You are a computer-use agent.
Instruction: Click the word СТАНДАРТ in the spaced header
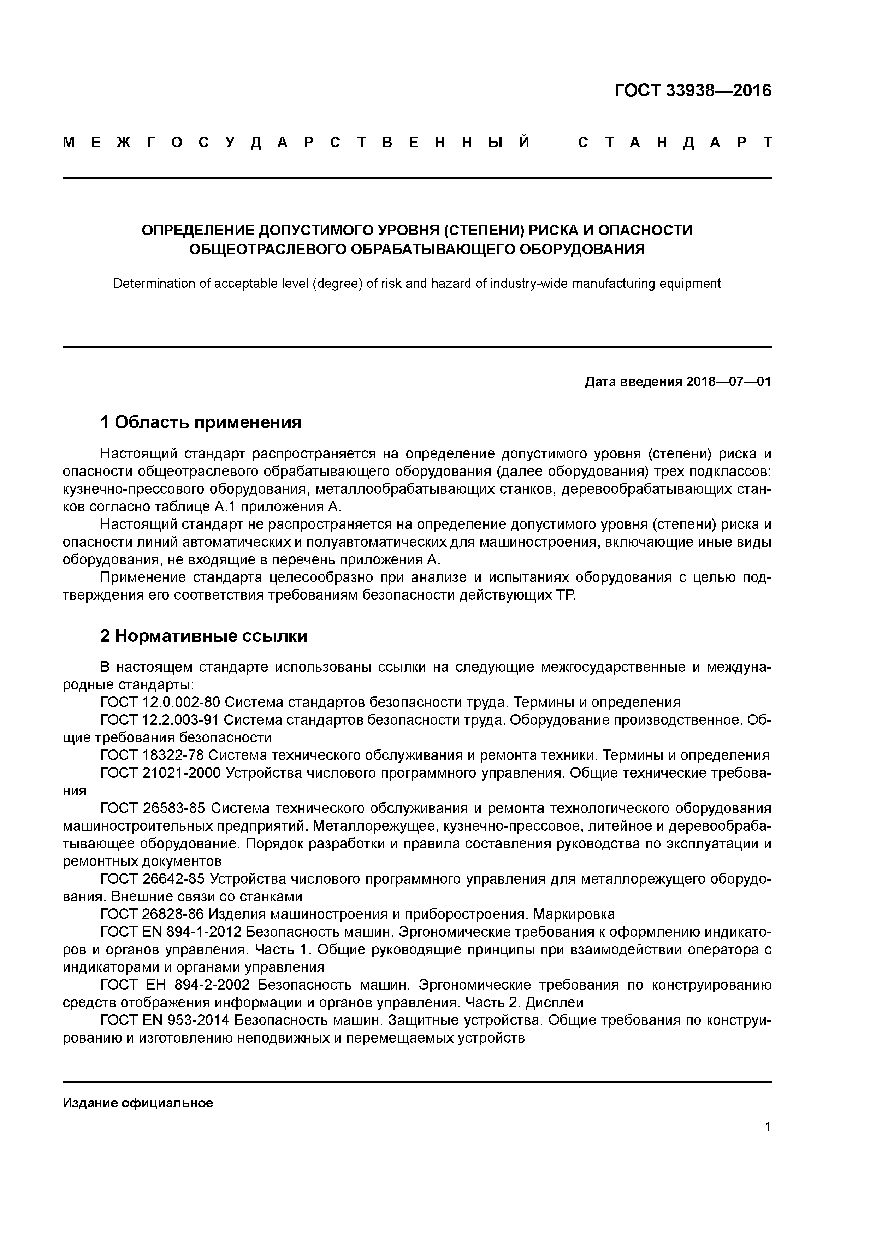click(x=675, y=143)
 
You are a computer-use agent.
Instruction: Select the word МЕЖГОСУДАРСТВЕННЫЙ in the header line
click(x=296, y=143)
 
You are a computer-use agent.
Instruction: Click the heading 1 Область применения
click(x=201, y=422)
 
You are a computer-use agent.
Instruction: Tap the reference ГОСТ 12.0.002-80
click(x=160, y=702)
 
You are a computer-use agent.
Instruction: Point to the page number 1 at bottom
click(x=768, y=1127)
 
